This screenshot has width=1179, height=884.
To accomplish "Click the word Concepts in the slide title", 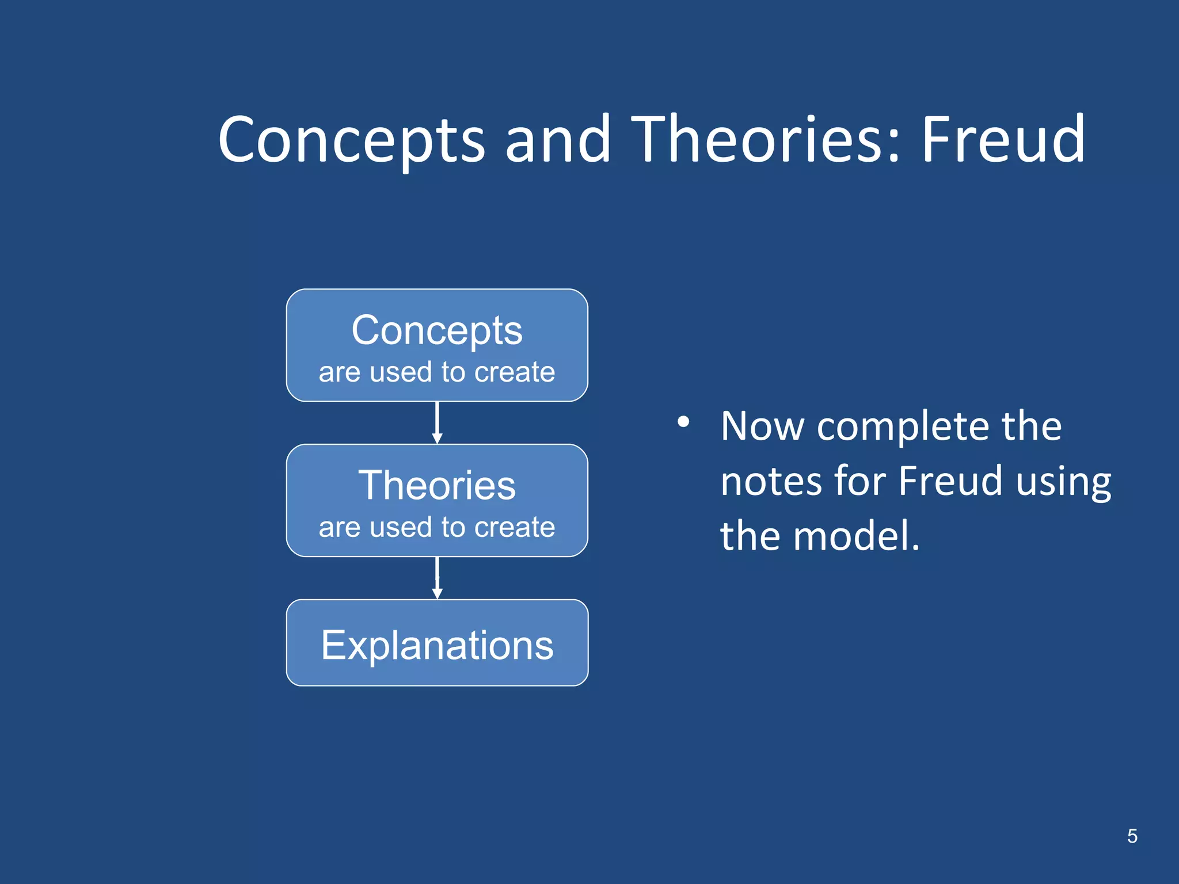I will [351, 141].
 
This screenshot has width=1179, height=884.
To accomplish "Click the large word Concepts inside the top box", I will [437, 331].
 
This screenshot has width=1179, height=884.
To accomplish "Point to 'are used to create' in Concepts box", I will [437, 372].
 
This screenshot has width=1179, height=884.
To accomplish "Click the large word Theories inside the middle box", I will [437, 485].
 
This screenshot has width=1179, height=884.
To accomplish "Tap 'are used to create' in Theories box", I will [437, 527].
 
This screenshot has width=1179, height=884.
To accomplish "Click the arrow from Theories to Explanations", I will [437, 578].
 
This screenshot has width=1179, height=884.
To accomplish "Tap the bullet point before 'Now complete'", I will [683, 422].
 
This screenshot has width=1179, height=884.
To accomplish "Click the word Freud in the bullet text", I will [950, 481].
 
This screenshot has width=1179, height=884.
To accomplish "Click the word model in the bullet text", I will [854, 536].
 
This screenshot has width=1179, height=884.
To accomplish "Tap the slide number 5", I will [1132, 836].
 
